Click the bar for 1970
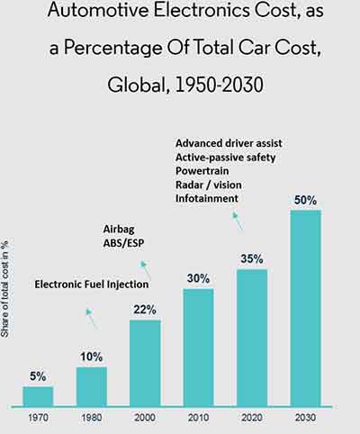click(x=38, y=395)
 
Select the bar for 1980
click(x=91, y=386)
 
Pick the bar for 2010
click(x=198, y=347)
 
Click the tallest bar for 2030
click(x=305, y=307)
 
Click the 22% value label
click(x=145, y=310)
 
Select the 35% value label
click(x=252, y=259)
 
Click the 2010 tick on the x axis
click(x=198, y=419)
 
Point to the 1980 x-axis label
click(x=91, y=419)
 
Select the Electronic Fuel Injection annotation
click(x=92, y=285)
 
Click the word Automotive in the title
click(x=88, y=14)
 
